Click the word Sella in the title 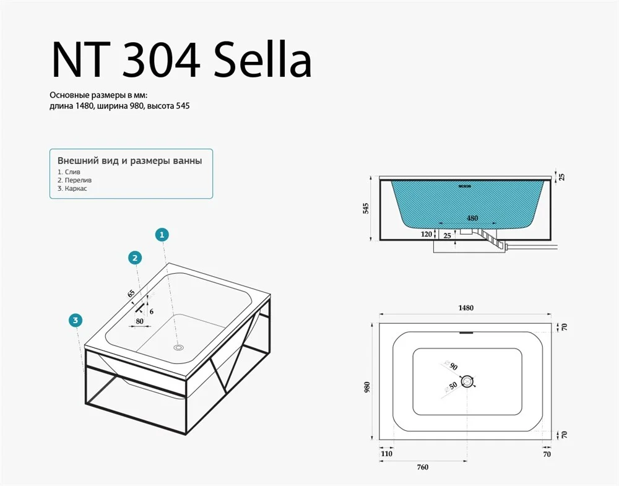tap(263, 59)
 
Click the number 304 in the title tap(161, 59)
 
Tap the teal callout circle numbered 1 tap(162, 235)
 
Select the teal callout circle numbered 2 tap(135, 258)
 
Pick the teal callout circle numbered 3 tap(76, 320)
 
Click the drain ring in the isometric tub tap(179, 347)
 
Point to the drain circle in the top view tap(467, 382)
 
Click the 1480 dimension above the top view tap(466, 308)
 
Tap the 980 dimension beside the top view tap(367, 388)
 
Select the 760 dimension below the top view tap(422, 467)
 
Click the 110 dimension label tap(387, 454)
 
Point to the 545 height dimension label tap(366, 209)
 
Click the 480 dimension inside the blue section tap(472, 218)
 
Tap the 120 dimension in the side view tap(426, 234)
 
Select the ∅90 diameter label tap(451, 365)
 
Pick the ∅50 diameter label tap(451, 387)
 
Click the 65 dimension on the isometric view tap(131, 293)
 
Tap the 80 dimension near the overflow tap(139, 321)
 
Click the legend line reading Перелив tap(75, 180)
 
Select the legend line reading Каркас tap(72, 188)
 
